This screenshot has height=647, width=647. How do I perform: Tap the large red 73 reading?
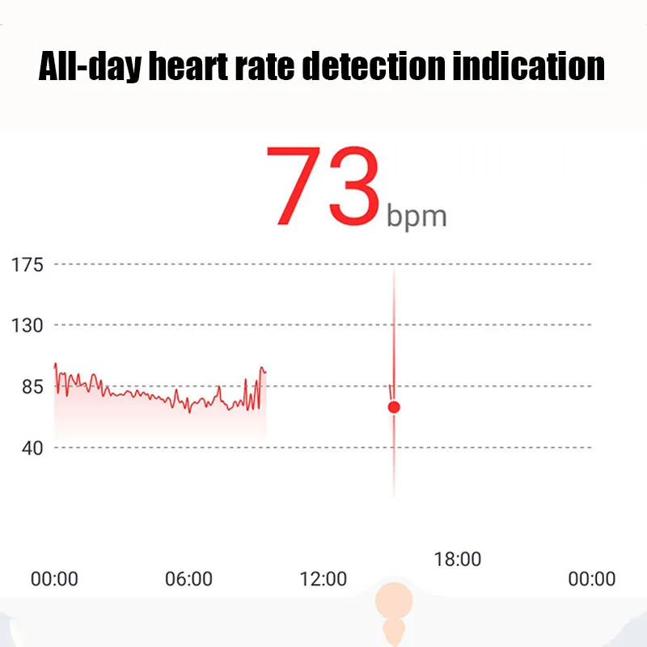(x=323, y=187)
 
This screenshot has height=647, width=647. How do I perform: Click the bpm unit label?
(x=416, y=216)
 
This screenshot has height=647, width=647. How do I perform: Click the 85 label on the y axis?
(x=32, y=386)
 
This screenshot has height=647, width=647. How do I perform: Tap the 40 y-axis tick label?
(x=32, y=447)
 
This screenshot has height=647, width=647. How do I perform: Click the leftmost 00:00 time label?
(x=54, y=579)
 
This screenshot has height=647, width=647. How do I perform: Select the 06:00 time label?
(x=188, y=579)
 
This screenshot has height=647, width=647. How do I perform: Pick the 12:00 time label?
(x=323, y=579)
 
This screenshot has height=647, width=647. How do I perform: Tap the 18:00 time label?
(x=457, y=559)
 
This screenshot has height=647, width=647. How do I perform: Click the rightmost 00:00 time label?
(x=591, y=579)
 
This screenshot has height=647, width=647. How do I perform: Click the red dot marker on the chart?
(x=394, y=407)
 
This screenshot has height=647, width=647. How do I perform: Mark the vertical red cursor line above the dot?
(x=394, y=323)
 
